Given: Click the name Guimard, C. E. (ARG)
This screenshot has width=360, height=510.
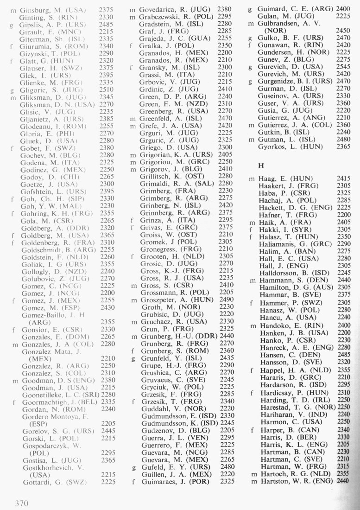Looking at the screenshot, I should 293,8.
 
